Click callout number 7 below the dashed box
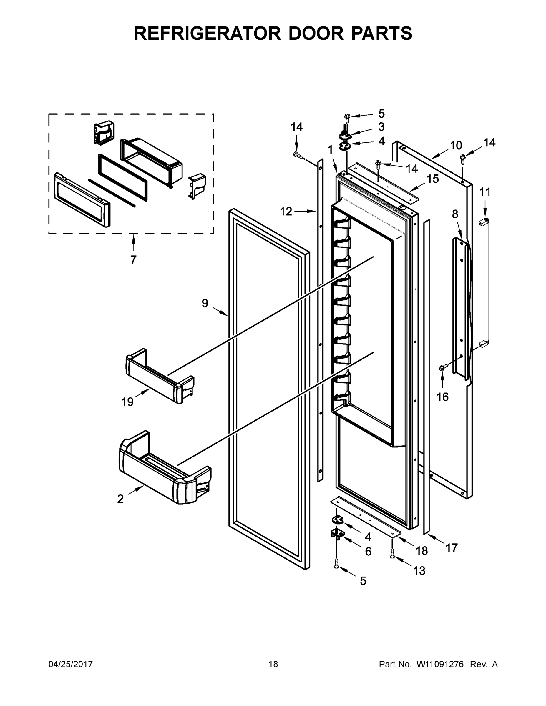(x=133, y=259)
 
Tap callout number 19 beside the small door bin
(x=127, y=402)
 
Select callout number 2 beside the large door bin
(x=120, y=499)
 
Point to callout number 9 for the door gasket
(x=205, y=303)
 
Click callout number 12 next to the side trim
(x=286, y=212)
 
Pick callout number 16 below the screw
(x=442, y=397)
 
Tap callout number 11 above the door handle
(x=485, y=192)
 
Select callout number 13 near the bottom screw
(x=419, y=571)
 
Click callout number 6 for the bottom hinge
(x=368, y=551)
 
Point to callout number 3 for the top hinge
(x=381, y=127)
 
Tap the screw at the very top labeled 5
(x=347, y=116)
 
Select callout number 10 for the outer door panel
(x=456, y=146)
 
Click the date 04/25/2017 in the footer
(x=71, y=664)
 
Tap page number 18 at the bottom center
(x=273, y=664)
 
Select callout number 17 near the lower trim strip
(x=452, y=548)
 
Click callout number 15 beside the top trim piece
(x=433, y=179)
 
